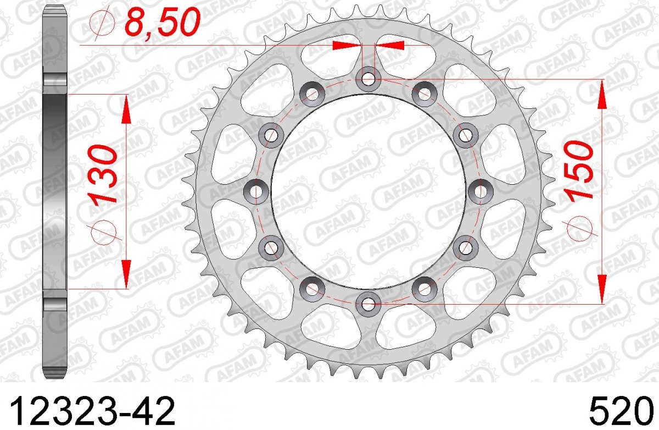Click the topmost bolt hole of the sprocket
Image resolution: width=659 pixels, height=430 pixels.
click(368, 79)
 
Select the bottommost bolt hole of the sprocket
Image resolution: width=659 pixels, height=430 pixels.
click(368, 304)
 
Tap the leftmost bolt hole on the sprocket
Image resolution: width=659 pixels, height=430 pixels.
click(256, 191)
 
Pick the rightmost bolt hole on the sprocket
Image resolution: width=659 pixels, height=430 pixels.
click(481, 191)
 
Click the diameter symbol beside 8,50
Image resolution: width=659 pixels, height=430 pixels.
click(103, 22)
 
